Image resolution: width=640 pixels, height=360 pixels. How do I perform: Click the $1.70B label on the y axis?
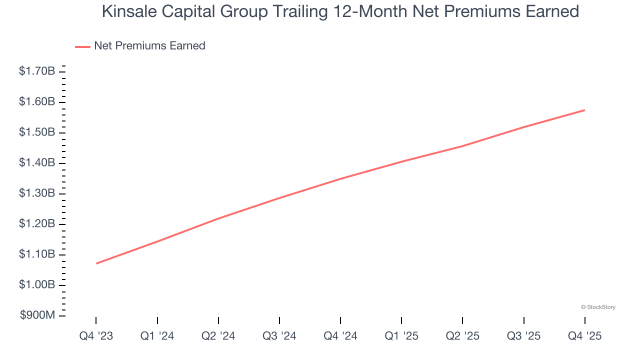(37, 71)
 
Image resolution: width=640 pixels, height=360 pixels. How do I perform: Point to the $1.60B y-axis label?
(37, 102)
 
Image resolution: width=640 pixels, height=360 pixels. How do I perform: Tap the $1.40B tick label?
(37, 163)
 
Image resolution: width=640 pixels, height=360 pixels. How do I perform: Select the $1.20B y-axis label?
(37, 224)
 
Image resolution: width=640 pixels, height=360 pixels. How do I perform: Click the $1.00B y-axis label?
(37, 285)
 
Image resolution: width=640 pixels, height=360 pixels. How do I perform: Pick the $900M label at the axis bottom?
(37, 315)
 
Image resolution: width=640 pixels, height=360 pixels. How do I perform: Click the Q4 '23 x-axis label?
(96, 336)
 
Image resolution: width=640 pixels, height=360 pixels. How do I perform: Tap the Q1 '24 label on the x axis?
(157, 336)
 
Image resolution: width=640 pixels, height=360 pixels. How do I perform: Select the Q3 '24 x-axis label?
(279, 336)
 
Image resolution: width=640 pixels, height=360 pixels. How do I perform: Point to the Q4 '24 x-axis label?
(340, 336)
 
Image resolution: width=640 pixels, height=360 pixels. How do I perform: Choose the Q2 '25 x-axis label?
(462, 336)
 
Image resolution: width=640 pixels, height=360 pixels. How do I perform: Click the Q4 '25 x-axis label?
(584, 336)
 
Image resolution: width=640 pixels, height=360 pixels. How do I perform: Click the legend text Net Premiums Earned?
(149, 46)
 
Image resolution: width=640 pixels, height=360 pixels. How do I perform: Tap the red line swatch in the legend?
(82, 46)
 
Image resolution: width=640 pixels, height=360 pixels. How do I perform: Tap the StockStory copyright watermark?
(598, 307)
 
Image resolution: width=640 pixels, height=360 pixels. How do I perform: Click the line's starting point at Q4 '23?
(96, 263)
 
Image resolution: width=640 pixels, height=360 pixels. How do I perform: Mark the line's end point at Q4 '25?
(584, 110)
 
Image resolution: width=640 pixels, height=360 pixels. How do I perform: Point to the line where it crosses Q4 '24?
(340, 178)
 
